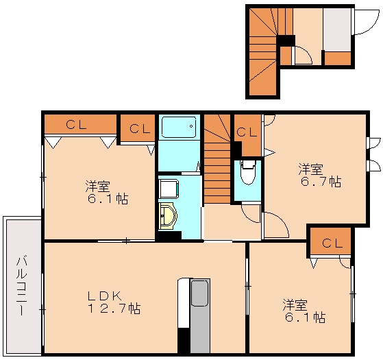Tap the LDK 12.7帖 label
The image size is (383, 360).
113,302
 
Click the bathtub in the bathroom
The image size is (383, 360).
179,128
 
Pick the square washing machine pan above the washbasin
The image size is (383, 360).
168,187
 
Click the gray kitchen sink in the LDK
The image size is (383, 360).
199,293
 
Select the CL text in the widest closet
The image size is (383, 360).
77,125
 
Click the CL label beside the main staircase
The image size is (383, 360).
247,132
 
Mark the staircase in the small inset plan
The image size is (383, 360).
264,51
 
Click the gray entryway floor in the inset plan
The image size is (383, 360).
337,29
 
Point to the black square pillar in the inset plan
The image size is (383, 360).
286,40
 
